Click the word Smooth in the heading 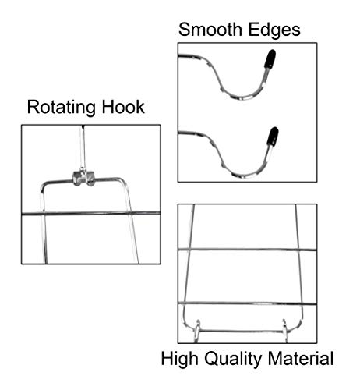click(x=210, y=30)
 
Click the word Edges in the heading click(x=274, y=30)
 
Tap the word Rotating click(x=61, y=108)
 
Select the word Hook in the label click(x=123, y=107)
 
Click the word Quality click(x=233, y=359)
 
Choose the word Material click(x=301, y=358)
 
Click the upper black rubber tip click(x=270, y=59)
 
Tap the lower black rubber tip click(x=273, y=136)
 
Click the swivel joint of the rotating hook click(x=83, y=178)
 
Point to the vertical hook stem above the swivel click(x=83, y=147)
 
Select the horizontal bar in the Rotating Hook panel click(x=91, y=214)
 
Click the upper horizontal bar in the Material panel click(x=247, y=250)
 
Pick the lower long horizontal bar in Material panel click(x=247, y=303)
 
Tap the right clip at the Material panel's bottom click(x=285, y=330)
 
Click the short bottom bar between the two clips click(x=242, y=331)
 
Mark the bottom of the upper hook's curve click(x=243, y=98)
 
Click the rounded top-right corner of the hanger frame click(x=122, y=180)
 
